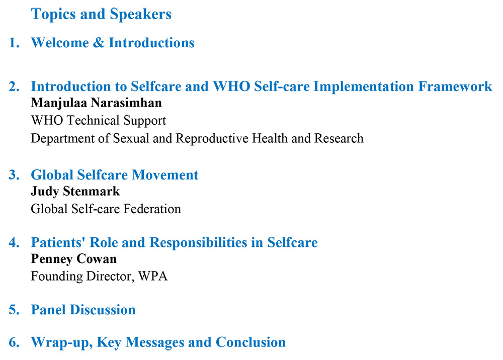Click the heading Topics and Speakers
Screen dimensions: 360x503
pyautogui.click(x=101, y=14)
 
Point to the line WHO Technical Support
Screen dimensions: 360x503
pyautogui.click(x=98, y=121)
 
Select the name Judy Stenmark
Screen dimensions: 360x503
pyautogui.click(x=75, y=192)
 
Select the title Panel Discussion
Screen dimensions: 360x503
pyautogui.click(x=83, y=310)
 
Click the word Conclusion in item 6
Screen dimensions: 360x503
pyautogui.click(x=250, y=342)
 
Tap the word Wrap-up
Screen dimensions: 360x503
pyautogui.click(x=61, y=342)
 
